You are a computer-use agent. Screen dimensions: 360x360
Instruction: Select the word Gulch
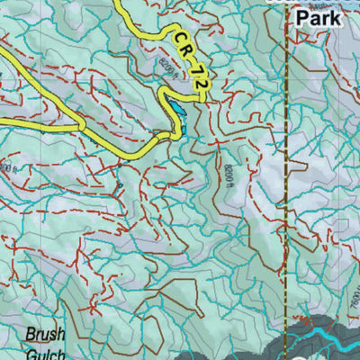[x=44, y=352]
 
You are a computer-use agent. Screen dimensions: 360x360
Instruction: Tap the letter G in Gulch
[x=29, y=352]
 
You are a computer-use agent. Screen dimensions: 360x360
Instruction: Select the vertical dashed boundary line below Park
[x=287, y=180]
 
